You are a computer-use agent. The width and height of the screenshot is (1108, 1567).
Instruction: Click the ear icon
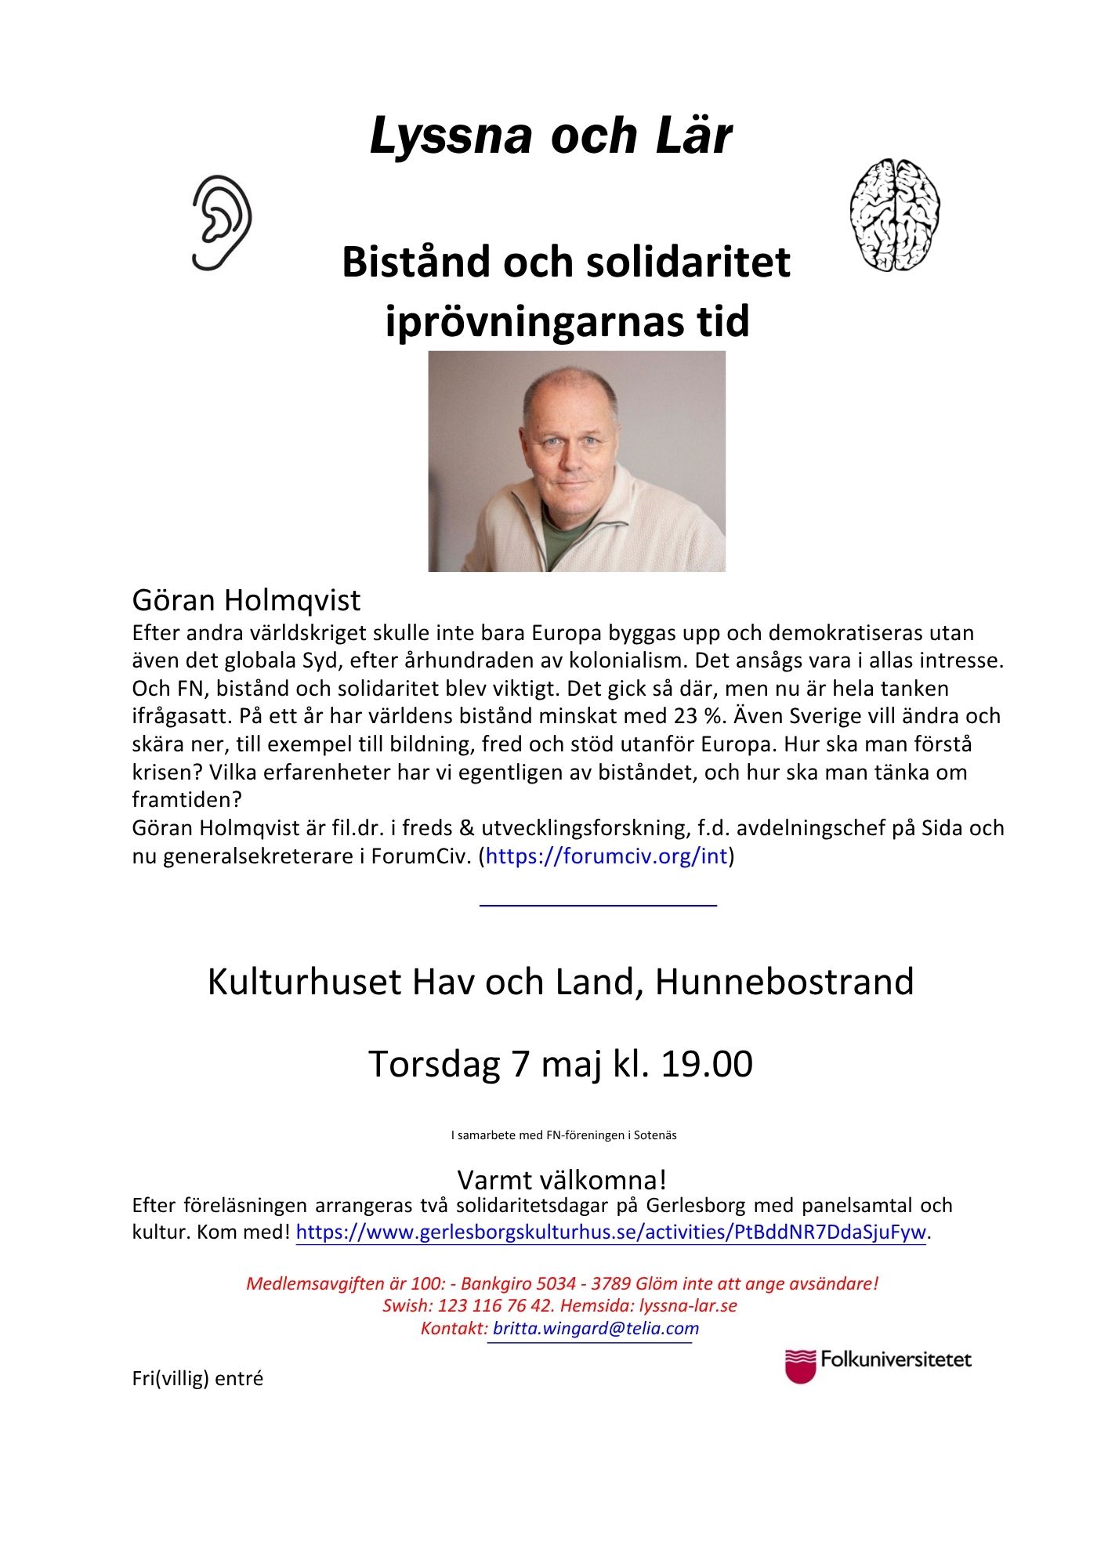coord(222,223)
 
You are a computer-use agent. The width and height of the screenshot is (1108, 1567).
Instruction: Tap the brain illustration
coord(894,215)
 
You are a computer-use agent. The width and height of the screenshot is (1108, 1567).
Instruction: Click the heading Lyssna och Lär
coord(551,136)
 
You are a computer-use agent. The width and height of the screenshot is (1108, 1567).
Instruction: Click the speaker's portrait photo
coord(577,461)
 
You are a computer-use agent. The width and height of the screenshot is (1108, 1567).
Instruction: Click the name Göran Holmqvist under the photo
coord(246,600)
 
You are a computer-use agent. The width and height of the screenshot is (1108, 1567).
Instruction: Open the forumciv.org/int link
coord(607,856)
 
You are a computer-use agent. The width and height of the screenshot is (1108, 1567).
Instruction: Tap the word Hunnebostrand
coord(784,982)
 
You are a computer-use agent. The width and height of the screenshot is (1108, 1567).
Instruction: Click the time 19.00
coord(707,1064)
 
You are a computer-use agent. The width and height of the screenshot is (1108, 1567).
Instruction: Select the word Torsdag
coord(434,1064)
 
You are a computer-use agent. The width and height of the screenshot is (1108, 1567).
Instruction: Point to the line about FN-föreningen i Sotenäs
coord(563,1135)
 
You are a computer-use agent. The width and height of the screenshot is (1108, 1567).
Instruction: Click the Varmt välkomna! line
coord(562,1180)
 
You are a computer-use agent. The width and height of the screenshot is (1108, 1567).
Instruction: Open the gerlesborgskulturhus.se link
coord(610,1232)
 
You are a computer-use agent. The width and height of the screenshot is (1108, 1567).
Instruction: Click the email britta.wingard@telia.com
coord(596,1329)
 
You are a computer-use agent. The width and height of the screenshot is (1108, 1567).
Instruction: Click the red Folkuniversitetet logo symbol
coord(800,1366)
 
